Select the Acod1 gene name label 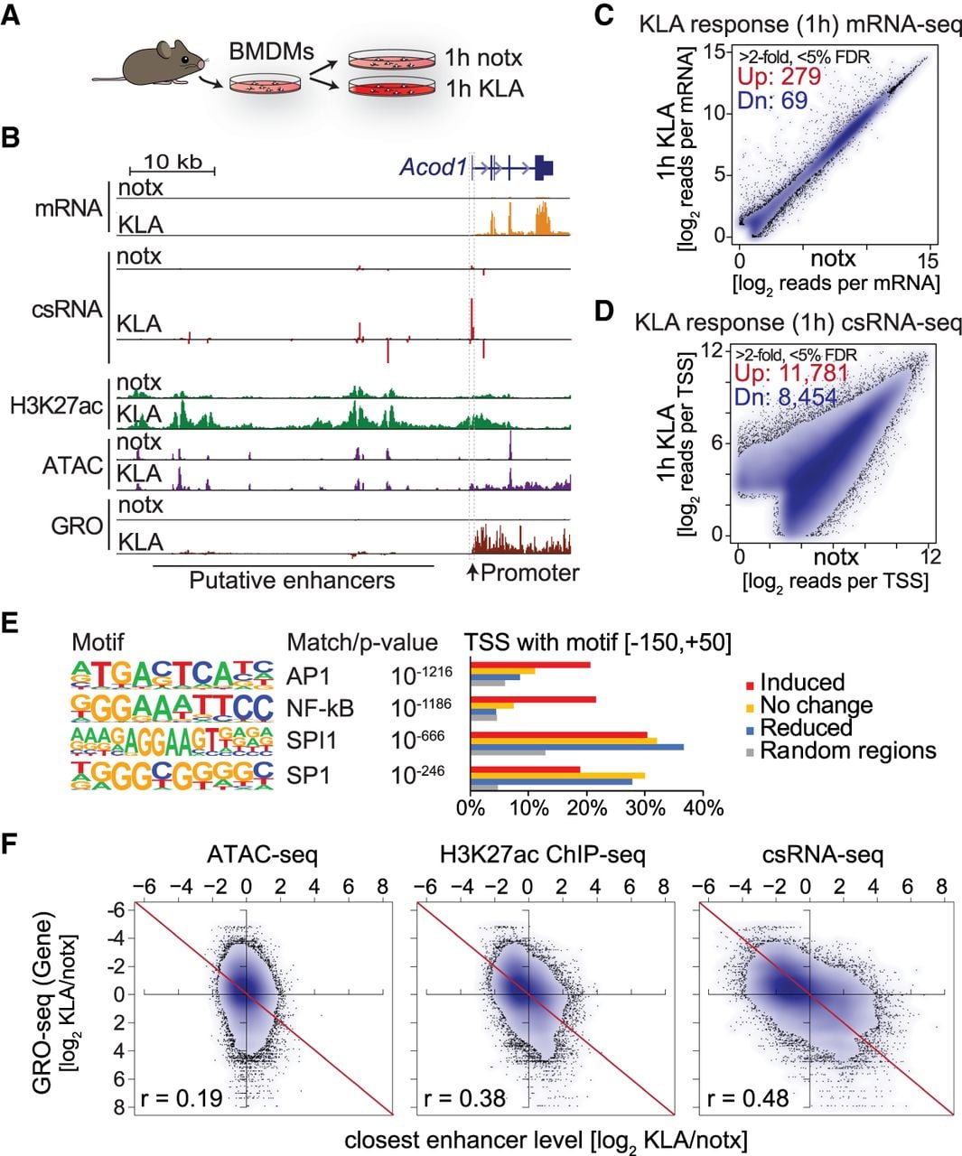(434, 166)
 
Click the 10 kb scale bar (173, 170)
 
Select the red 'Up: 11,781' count (791, 373)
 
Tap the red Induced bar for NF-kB (533, 699)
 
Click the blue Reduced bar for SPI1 (576, 746)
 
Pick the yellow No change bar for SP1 (557, 776)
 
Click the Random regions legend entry (841, 750)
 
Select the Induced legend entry (795, 682)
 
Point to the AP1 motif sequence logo (173, 675)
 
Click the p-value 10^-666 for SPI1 (417, 739)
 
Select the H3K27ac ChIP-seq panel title (543, 855)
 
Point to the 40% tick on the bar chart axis (702, 808)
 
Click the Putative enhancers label (292, 580)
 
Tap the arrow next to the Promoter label (472, 572)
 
